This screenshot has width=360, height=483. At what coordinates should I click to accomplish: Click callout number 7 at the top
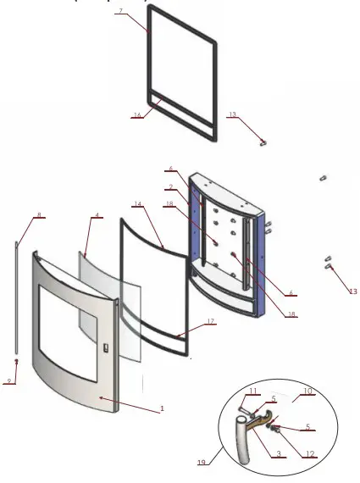tap(145, 11)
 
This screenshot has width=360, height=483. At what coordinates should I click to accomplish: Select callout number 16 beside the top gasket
tap(136, 115)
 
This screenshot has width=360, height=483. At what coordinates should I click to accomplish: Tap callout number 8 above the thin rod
tap(38, 217)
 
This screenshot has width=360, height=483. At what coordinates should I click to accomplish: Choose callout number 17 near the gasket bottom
tap(211, 322)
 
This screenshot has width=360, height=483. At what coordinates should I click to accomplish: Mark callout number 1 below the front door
tap(162, 408)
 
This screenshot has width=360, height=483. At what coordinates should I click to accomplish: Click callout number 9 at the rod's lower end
tap(10, 381)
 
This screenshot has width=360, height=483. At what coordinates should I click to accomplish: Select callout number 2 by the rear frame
tap(170, 186)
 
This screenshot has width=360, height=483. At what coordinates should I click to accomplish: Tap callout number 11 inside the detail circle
tap(252, 390)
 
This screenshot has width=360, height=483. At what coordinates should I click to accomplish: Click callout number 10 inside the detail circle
tap(307, 391)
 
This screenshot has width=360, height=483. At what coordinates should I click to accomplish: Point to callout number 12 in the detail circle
tap(310, 454)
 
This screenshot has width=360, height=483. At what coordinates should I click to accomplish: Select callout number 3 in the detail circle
tap(279, 454)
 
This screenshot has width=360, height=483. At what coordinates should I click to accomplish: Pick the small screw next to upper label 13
tap(263, 142)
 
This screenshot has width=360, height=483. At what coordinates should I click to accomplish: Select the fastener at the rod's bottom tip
tap(16, 362)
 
